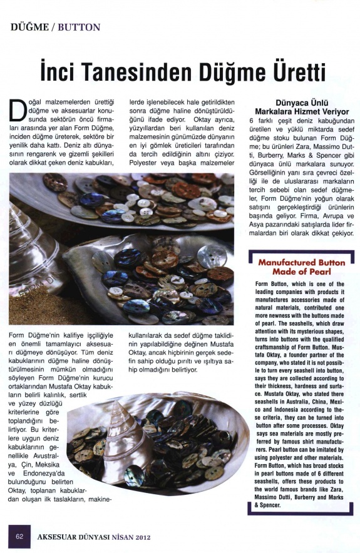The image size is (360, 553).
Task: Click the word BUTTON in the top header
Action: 79,28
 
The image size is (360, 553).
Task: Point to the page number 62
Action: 20,536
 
